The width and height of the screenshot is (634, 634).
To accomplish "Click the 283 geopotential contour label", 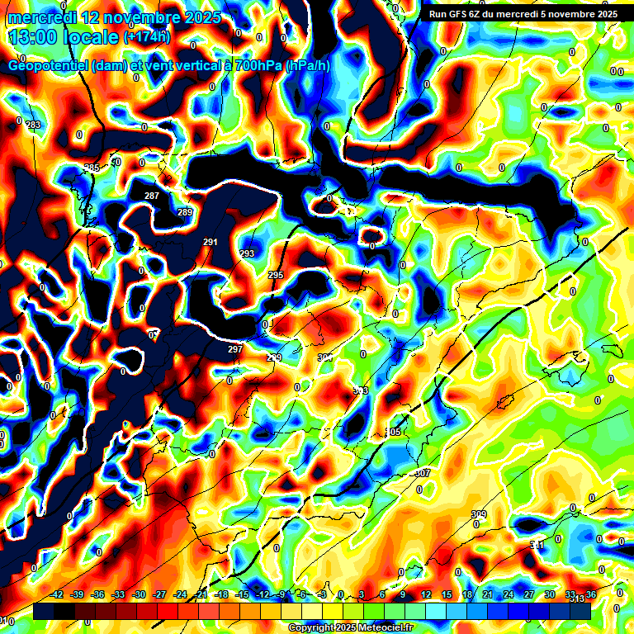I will pyautogui.click(x=33, y=125).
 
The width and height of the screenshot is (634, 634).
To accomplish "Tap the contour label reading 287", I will pyautogui.click(x=152, y=196).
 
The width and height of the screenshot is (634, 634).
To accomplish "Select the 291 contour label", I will pyautogui.click(x=211, y=242).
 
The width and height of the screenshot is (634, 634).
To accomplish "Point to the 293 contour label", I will pyautogui.click(x=247, y=253).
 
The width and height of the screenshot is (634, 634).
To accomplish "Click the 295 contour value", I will pyautogui.click(x=276, y=275).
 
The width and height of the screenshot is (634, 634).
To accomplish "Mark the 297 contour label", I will pyautogui.click(x=235, y=349).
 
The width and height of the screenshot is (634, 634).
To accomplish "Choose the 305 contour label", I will pyautogui.click(x=394, y=433).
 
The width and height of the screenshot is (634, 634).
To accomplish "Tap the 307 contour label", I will pyautogui.click(x=423, y=473).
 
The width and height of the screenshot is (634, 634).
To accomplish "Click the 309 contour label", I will pyautogui.click(x=479, y=514).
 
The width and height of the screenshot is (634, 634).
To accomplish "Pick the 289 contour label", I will pyautogui.click(x=185, y=213).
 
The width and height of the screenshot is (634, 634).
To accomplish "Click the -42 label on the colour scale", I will pyautogui.click(x=57, y=594).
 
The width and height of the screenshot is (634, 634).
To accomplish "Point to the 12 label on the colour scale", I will pyautogui.click(x=426, y=594).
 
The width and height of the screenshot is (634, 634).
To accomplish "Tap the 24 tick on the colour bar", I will pyautogui.click(x=509, y=594).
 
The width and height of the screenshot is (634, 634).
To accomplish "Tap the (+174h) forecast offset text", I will pyautogui.click(x=147, y=36).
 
